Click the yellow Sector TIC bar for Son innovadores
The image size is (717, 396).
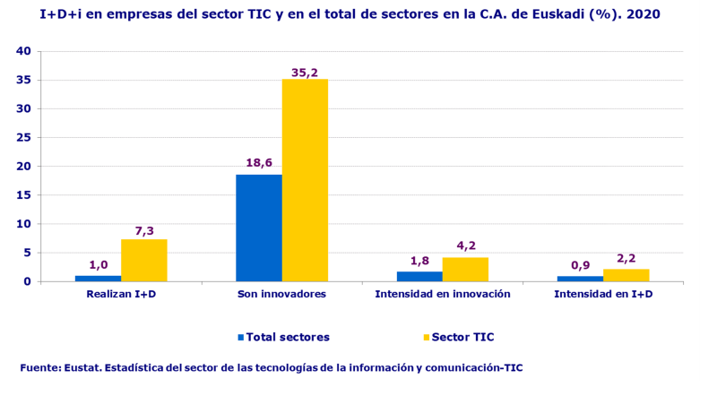point(305,180)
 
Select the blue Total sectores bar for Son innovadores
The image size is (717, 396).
point(259,228)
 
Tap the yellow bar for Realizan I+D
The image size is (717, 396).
point(144,260)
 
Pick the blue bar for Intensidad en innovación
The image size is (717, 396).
point(419,276)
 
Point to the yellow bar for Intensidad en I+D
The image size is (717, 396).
point(626,275)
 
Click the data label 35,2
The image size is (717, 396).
point(305,72)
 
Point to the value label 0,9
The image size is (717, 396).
point(580,265)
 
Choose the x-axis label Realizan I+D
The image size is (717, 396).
point(121,294)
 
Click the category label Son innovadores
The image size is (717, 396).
point(281,294)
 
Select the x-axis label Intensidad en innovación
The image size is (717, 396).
point(443,294)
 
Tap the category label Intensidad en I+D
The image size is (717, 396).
point(602,294)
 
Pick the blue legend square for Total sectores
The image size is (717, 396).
point(241,338)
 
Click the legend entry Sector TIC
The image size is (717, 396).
point(462,338)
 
